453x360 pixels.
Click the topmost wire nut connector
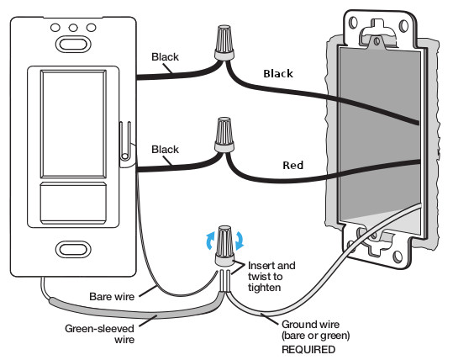(x=224, y=43)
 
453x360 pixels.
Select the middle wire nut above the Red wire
(x=224, y=135)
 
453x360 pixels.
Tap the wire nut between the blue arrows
(x=224, y=246)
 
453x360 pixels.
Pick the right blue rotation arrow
(x=240, y=241)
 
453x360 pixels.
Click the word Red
(x=293, y=166)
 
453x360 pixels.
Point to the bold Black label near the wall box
(x=278, y=74)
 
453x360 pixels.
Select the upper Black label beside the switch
(x=165, y=57)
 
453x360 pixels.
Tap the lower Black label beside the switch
(x=165, y=150)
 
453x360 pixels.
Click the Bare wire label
(x=112, y=297)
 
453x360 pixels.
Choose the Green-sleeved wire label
(x=100, y=334)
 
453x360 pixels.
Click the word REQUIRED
(x=308, y=350)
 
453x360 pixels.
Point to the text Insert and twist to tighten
(x=271, y=277)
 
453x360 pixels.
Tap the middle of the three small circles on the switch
(x=73, y=28)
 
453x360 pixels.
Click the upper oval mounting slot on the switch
(x=73, y=45)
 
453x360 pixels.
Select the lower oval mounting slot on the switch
(x=73, y=249)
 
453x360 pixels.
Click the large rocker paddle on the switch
(x=73, y=124)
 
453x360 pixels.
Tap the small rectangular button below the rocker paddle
(x=73, y=203)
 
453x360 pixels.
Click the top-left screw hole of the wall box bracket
(x=353, y=22)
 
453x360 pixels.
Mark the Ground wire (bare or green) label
(x=315, y=330)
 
